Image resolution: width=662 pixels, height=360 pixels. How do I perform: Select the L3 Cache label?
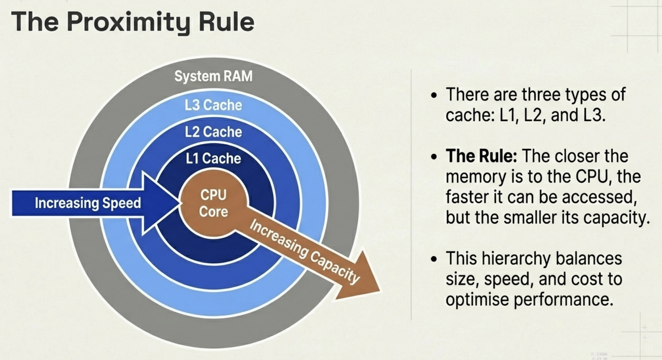click(213, 105)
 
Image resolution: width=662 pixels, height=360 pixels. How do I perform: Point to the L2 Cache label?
click(213, 132)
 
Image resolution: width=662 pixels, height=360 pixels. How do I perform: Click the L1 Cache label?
click(213, 159)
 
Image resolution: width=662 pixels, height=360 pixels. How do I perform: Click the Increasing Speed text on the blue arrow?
click(88, 203)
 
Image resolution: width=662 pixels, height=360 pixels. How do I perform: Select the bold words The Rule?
click(481, 156)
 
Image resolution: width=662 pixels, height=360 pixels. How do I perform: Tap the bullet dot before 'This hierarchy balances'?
click(435, 259)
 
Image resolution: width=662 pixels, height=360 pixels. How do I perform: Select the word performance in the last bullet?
click(563, 299)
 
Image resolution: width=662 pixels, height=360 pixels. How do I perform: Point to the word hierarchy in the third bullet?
click(514, 258)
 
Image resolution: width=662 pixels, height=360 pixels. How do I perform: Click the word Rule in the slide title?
click(226, 22)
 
